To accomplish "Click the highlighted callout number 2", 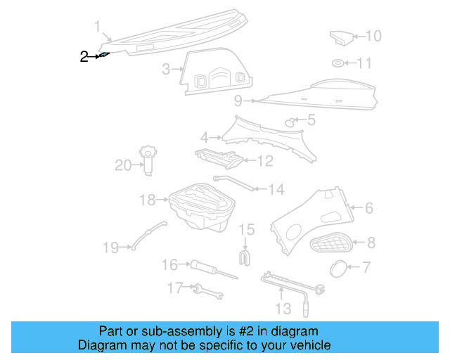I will click(84, 56).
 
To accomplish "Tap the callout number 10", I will click(373, 36).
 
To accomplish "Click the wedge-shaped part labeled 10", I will click(341, 37).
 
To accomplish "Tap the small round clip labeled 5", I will click(289, 123).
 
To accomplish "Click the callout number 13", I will click(282, 309).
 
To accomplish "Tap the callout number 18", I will click(146, 200).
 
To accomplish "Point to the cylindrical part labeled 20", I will click(149, 159).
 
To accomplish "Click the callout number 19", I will click(111, 247).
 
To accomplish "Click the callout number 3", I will click(166, 69).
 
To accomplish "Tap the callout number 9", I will click(238, 100).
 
